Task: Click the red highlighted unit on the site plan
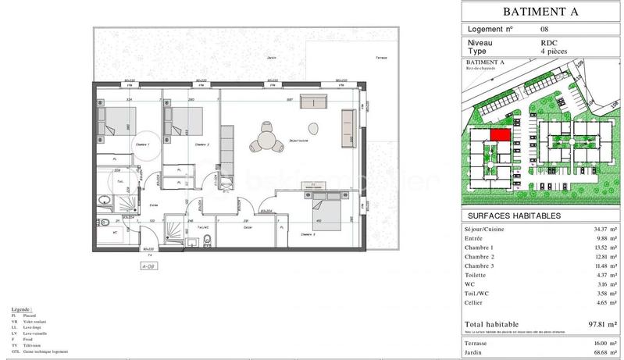[x=500, y=134]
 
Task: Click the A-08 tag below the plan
[x=148, y=266]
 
